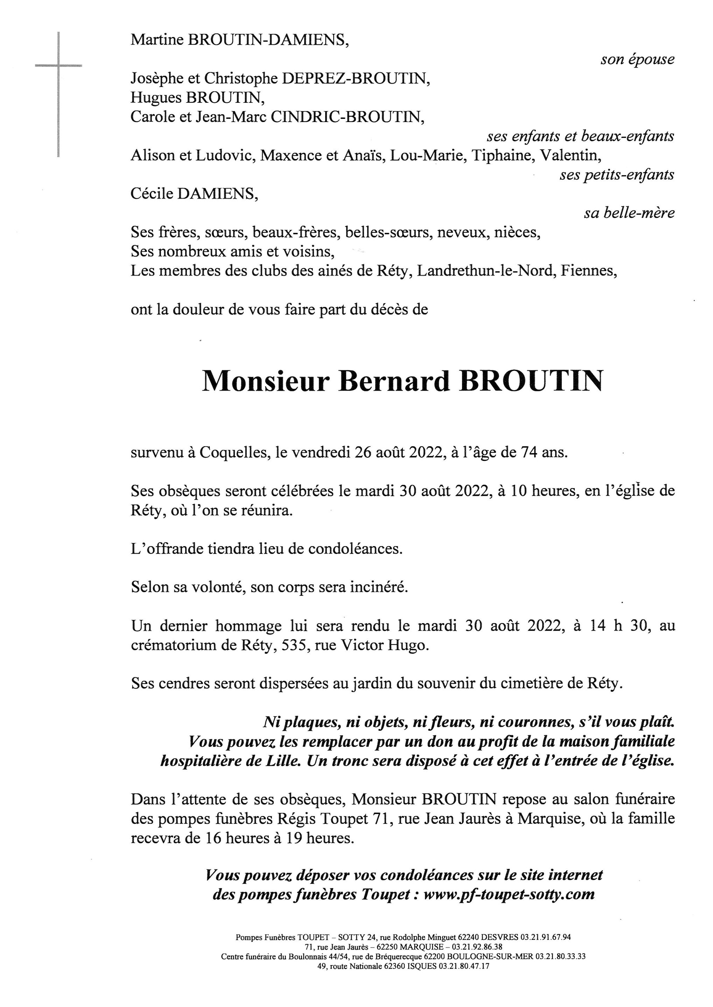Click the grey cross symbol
point(58,66)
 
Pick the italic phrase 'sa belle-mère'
point(629,213)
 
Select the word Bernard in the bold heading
point(394,381)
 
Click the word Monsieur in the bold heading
point(266,381)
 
